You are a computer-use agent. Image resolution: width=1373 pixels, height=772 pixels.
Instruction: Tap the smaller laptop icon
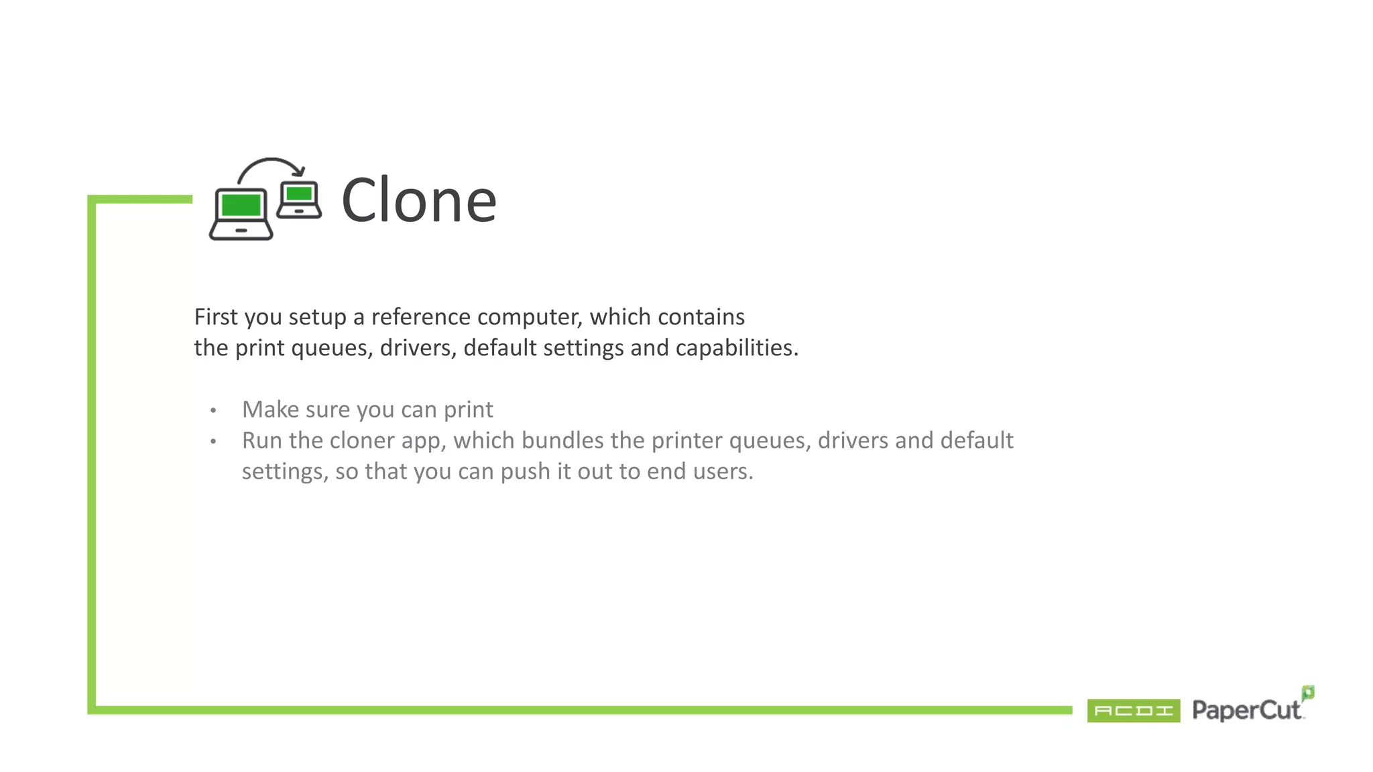point(299,200)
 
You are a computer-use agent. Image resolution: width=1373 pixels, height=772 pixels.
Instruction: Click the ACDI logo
point(1133,710)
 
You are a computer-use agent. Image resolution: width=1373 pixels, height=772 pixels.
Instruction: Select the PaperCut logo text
point(1246,710)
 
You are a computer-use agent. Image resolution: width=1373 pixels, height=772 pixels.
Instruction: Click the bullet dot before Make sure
point(213,410)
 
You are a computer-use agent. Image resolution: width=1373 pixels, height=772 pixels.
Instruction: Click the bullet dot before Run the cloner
point(213,441)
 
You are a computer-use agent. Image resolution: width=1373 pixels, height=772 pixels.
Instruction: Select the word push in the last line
point(525,472)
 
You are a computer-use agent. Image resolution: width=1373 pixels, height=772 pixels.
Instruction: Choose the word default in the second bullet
point(976,440)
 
